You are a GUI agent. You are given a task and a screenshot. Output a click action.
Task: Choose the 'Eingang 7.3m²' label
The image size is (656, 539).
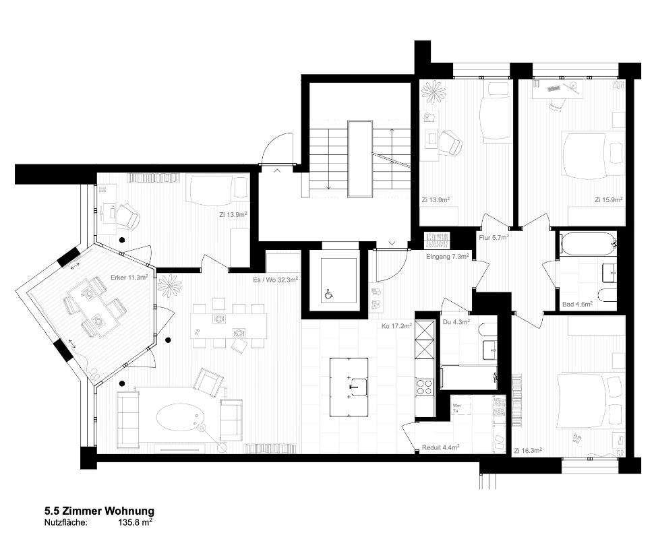coord(447,257)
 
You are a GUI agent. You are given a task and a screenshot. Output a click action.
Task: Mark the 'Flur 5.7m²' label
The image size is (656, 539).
coord(492,237)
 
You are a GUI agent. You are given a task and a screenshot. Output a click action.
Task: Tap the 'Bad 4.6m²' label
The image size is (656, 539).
coord(577,305)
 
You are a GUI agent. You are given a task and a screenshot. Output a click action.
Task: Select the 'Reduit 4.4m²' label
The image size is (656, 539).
coord(441,447)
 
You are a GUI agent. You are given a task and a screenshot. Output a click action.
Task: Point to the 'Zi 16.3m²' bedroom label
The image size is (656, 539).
coord(528,450)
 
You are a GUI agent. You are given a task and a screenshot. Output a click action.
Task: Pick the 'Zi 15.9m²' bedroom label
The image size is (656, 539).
coord(608,199)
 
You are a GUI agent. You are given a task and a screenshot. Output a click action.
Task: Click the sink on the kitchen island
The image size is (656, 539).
coord(357,387)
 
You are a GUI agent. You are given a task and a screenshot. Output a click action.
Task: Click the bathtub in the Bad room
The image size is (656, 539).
coord(587,243)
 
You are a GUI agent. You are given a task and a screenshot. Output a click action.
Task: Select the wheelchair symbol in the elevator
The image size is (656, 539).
coord(329,294)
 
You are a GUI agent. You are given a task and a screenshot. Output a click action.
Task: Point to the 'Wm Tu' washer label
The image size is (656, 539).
coord(456,408)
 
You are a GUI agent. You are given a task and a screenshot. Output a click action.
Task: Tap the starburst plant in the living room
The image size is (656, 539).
coord(169,286)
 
